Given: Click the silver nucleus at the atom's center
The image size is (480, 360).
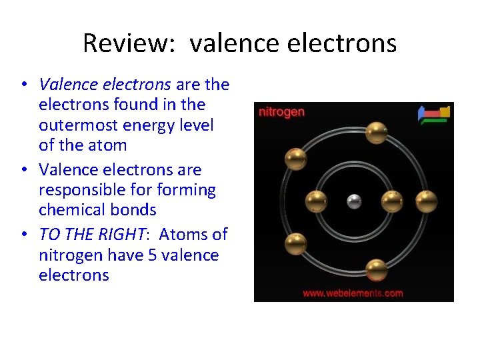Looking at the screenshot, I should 354,201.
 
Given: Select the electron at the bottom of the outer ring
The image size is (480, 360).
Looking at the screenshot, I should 377,270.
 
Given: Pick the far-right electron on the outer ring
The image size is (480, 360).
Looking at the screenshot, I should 426,201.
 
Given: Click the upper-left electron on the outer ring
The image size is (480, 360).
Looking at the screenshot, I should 295,159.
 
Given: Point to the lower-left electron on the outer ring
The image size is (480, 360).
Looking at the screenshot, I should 295,244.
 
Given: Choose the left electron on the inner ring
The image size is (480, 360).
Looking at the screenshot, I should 316,201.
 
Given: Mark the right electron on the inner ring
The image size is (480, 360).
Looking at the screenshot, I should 391,201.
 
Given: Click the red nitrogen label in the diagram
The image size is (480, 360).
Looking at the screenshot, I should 281,112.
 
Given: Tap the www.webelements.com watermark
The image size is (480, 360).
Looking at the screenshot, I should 353,293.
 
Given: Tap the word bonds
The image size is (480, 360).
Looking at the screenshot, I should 136,210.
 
